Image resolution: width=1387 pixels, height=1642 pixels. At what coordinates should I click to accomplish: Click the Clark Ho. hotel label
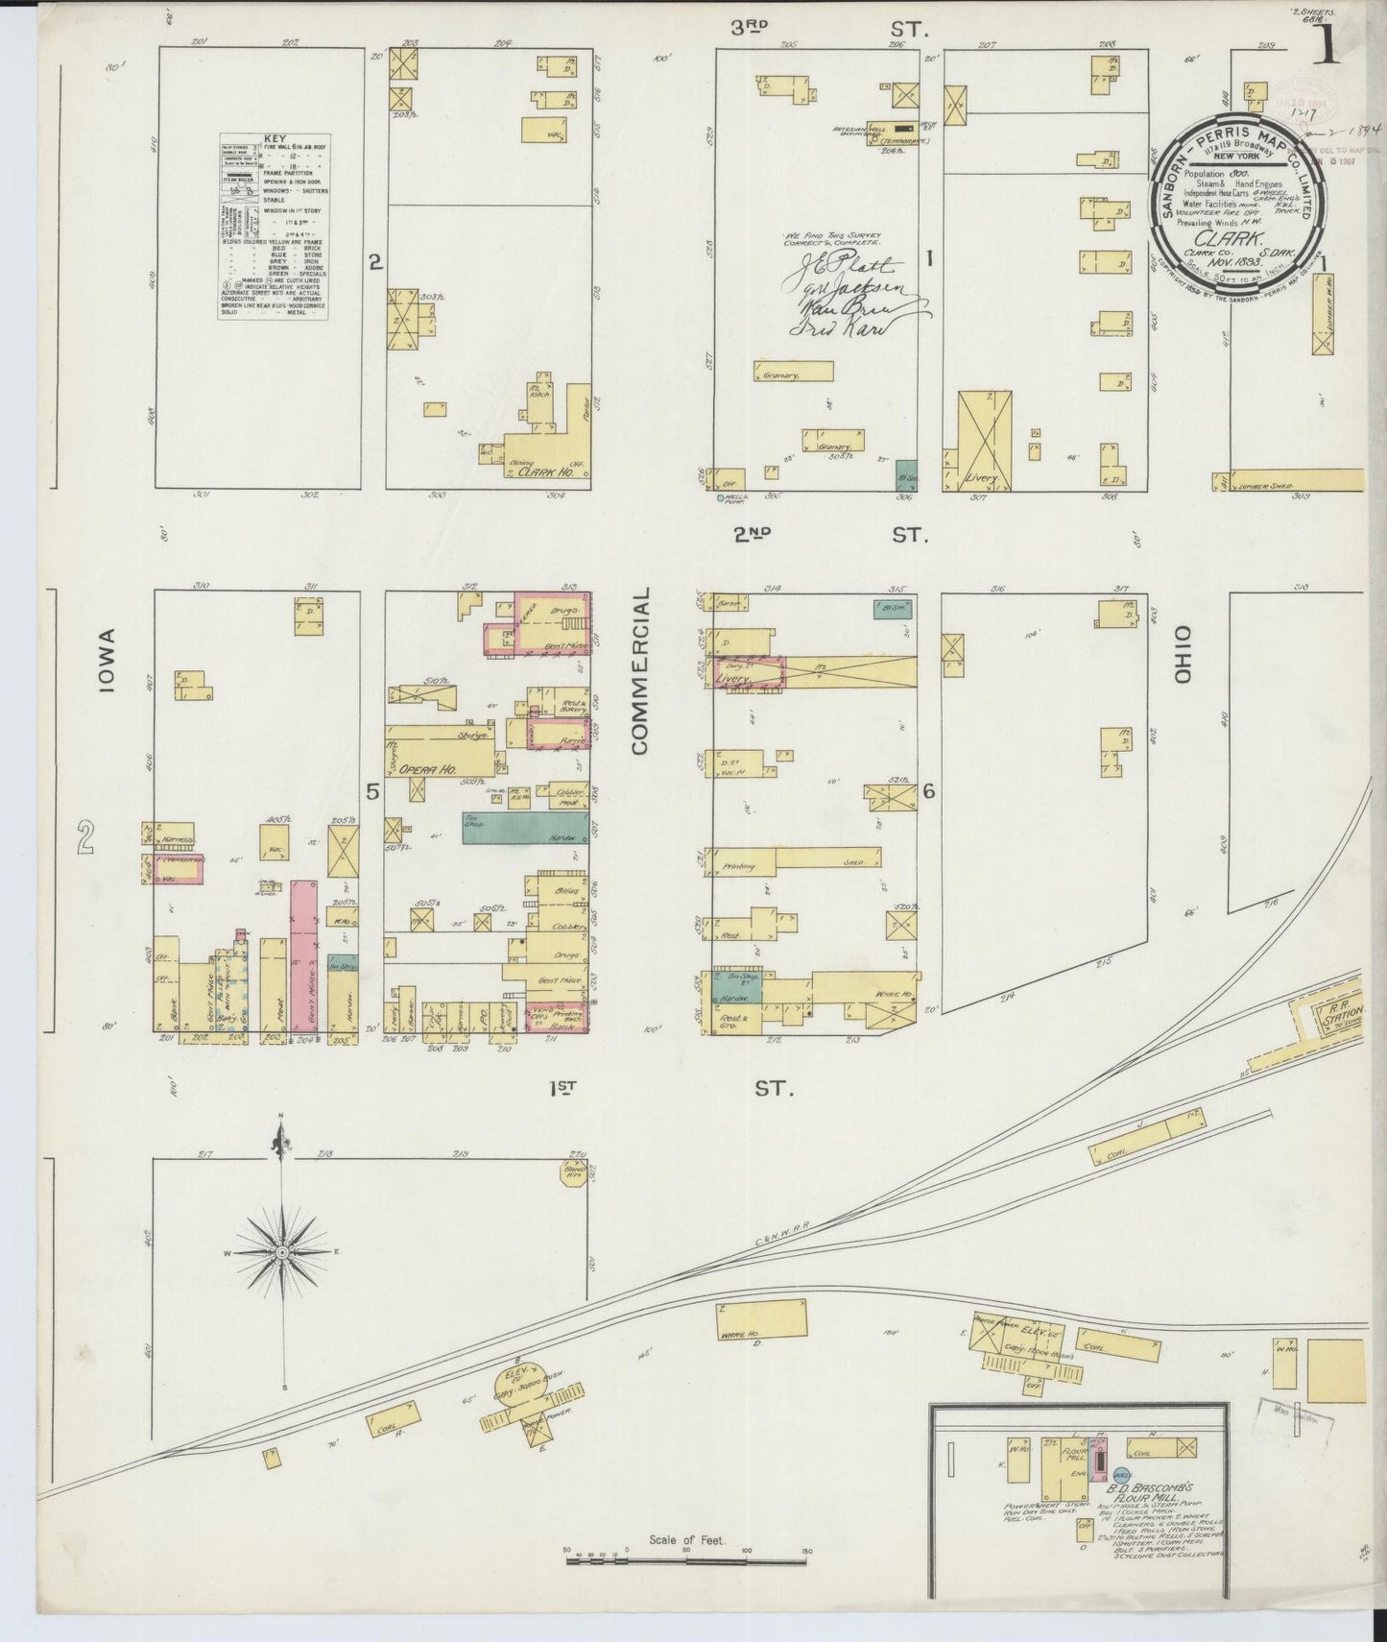point(538,471)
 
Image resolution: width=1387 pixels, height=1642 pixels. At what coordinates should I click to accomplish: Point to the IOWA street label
point(108,662)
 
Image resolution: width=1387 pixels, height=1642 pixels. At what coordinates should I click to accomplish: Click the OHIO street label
point(1180,654)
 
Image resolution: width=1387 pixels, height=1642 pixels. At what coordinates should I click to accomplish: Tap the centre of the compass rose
point(282,1254)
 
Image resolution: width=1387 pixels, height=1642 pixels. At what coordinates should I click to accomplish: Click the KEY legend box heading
point(274,137)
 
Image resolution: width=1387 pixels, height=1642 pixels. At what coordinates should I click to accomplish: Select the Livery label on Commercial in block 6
point(733,678)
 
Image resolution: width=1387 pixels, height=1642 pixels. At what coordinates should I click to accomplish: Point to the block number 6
point(928,792)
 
